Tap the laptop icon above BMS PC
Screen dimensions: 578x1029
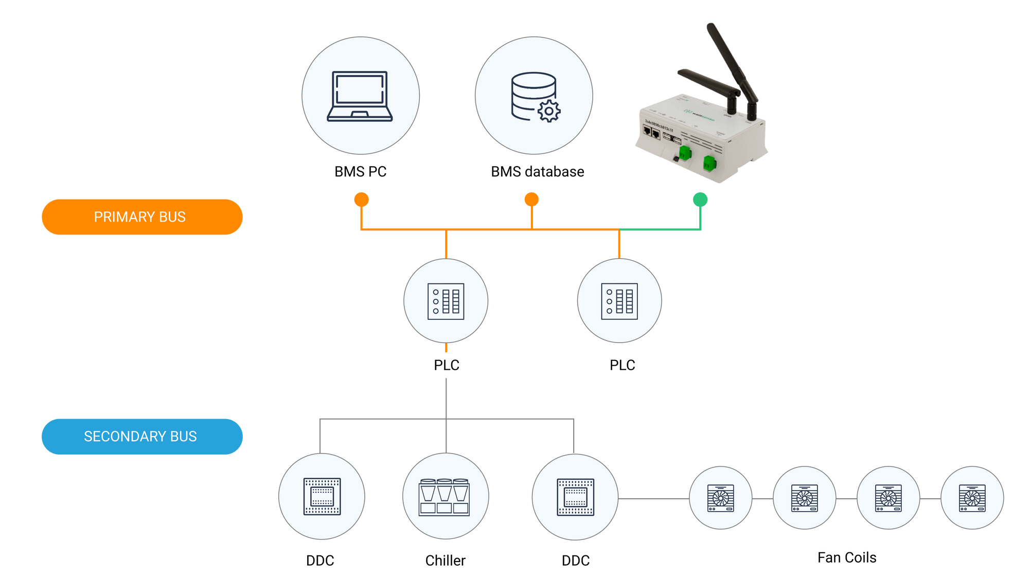(360, 96)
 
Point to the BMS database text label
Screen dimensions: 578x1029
(537, 172)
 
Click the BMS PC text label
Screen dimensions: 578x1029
(360, 172)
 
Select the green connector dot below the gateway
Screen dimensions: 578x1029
(700, 200)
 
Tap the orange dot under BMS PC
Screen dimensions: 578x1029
(362, 200)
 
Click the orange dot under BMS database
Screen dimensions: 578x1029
(531, 200)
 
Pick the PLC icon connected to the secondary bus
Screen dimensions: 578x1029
(446, 301)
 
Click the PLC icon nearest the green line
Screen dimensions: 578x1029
(619, 301)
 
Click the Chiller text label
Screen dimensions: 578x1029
(446, 561)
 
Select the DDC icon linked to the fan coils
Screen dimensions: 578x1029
(575, 497)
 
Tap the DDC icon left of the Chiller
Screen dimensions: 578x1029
(322, 497)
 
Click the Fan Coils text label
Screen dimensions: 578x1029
(847, 558)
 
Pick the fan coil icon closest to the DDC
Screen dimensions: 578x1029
(721, 498)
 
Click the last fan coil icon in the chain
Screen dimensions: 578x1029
(972, 498)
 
